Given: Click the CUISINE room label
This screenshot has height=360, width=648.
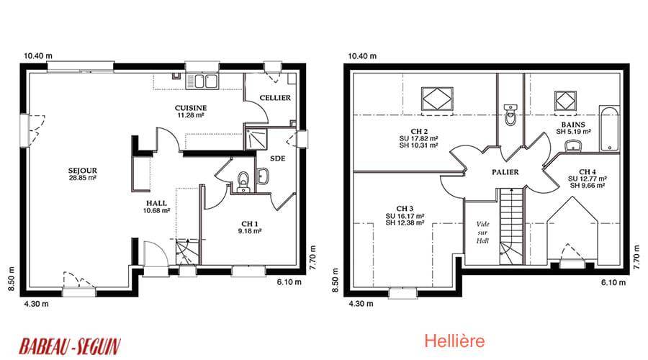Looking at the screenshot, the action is [191, 108].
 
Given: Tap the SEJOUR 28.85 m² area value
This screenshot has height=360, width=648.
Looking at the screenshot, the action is [83, 178].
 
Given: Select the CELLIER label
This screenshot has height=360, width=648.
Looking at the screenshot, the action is [275, 98].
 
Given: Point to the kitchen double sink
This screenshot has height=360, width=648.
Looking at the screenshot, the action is [202, 81].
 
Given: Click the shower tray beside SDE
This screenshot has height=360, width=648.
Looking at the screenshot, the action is [256, 139].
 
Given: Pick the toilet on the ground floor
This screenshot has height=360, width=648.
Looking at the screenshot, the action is [244, 182].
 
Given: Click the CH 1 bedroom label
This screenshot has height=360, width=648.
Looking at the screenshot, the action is [250, 224].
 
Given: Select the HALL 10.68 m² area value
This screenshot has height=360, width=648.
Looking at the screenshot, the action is [157, 210].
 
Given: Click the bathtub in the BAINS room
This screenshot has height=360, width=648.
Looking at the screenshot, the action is [610, 129].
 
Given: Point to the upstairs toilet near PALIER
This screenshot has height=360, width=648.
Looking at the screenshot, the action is [510, 114].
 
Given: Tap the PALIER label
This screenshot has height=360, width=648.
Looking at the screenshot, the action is [505, 172].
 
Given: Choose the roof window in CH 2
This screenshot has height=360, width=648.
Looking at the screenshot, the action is [437, 99].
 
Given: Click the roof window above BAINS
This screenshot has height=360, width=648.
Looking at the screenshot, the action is [565, 100].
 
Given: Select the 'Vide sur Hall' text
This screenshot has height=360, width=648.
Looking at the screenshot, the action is [482, 233].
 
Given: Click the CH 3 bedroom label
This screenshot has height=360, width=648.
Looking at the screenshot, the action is [405, 209].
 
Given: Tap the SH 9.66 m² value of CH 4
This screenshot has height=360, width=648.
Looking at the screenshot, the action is [588, 186].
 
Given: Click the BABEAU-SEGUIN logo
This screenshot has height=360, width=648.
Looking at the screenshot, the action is [70, 346].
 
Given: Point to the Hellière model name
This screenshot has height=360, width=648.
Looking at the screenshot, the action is [454, 341].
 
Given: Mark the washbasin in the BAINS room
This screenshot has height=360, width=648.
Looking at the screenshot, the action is [573, 145].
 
